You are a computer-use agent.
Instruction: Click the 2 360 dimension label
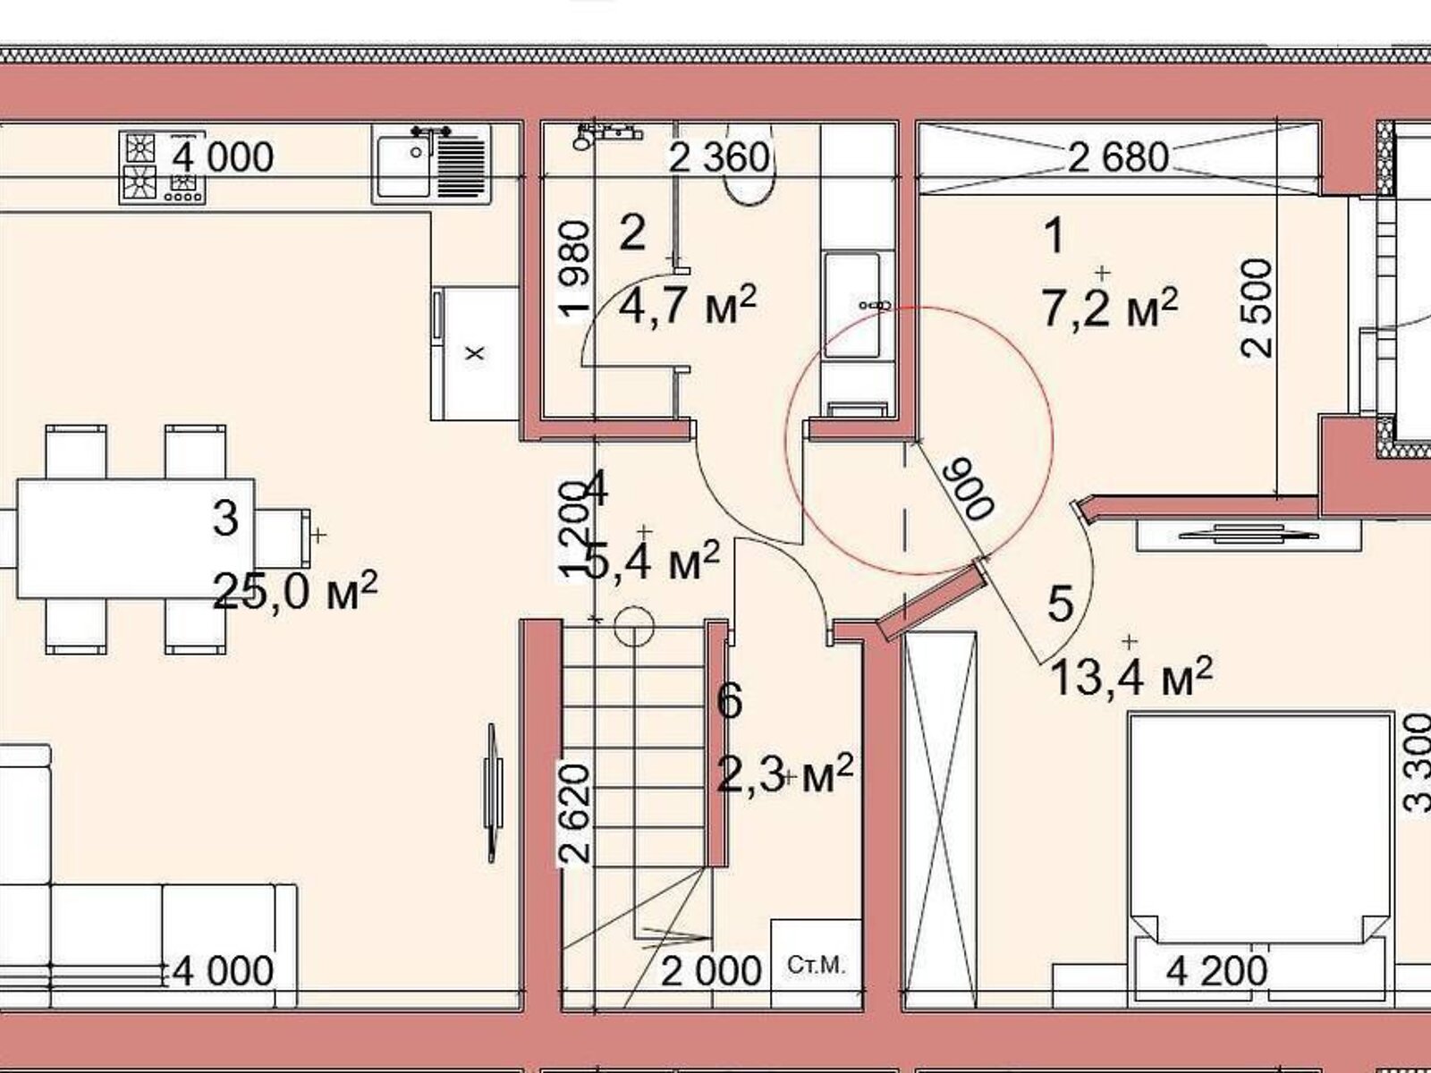coord(720,157)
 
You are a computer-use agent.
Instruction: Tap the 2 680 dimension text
coord(1118,157)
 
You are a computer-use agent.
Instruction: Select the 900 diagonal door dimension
coord(971,488)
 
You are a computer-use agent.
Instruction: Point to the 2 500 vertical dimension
coord(1257,308)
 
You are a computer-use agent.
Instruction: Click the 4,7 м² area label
coord(688,305)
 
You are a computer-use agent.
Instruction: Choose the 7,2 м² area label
coord(1110,308)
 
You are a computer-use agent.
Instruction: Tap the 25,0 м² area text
coord(295,590)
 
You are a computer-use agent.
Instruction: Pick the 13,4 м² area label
coord(1131,676)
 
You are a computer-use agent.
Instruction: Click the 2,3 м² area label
coord(785,773)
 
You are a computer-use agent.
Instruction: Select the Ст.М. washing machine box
coord(817,965)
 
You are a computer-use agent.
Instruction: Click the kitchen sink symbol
coord(431,164)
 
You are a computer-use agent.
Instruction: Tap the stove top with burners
coord(163,167)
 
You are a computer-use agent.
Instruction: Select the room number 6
coord(730,701)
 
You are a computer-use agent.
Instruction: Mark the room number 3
coord(225,519)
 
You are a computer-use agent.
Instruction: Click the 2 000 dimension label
coord(711,971)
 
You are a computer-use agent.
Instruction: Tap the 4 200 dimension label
coord(1216,971)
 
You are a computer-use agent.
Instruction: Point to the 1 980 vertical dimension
coord(575,270)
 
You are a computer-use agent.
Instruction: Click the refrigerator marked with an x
coord(475,352)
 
